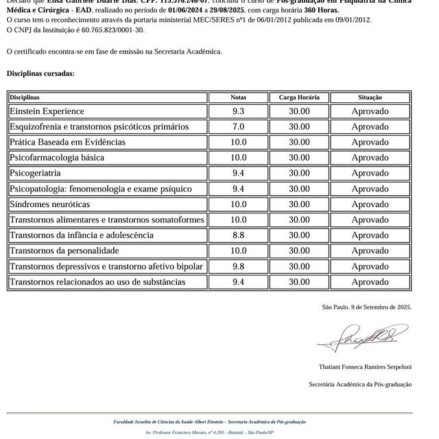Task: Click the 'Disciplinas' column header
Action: (x=25, y=97)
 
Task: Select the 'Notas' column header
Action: (x=238, y=97)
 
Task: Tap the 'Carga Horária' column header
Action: (x=298, y=97)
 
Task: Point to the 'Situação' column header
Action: (x=370, y=97)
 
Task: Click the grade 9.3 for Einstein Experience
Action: (x=238, y=111)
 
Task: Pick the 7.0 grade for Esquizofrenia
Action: (x=238, y=127)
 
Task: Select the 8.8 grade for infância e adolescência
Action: (x=238, y=235)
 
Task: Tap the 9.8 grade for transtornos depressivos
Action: (x=238, y=266)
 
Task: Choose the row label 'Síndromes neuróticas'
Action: (x=49, y=204)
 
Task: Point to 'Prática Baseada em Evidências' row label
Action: (x=67, y=143)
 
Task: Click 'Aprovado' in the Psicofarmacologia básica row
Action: (x=370, y=158)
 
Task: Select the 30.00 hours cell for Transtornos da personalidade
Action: (x=298, y=251)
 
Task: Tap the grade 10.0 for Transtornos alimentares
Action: (x=238, y=220)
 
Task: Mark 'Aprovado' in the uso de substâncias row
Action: (x=370, y=282)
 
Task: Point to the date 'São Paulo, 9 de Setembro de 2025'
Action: (x=366, y=307)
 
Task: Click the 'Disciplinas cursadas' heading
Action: (x=40, y=73)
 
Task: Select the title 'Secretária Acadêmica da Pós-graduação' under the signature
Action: (x=360, y=384)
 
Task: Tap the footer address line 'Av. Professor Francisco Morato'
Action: (x=209, y=433)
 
